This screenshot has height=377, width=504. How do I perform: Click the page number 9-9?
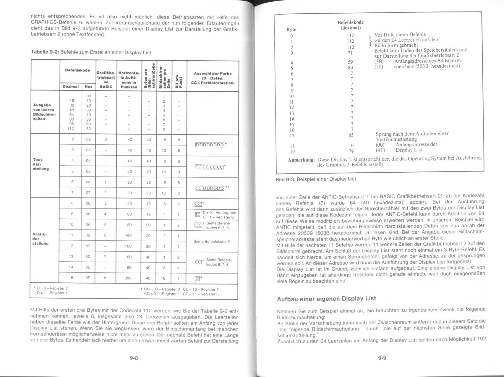click(x=382, y=358)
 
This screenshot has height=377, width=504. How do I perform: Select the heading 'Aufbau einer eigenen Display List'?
click(x=326, y=299)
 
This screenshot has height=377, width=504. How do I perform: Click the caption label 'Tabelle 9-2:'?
click(x=45, y=52)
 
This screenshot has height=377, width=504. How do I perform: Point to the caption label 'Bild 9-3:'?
click(x=285, y=179)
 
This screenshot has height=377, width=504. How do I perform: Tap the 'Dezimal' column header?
click(x=71, y=87)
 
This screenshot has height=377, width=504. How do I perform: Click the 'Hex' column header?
click(x=88, y=87)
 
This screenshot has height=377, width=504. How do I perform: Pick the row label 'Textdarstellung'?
click(x=41, y=164)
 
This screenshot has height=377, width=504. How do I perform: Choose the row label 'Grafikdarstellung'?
click(x=41, y=239)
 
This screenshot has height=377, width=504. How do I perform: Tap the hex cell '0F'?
click(x=88, y=278)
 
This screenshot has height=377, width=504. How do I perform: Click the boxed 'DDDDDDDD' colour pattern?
click(x=210, y=145)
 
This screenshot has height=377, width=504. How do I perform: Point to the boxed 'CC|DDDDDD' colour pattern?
click(x=210, y=188)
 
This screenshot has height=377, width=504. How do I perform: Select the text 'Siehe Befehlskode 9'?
click(x=212, y=241)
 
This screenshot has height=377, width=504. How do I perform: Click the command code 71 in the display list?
click(x=350, y=53)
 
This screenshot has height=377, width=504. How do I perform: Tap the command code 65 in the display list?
click(x=350, y=135)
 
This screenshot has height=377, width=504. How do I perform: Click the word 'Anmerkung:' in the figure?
click(x=301, y=160)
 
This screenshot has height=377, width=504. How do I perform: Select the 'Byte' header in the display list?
click(x=291, y=30)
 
